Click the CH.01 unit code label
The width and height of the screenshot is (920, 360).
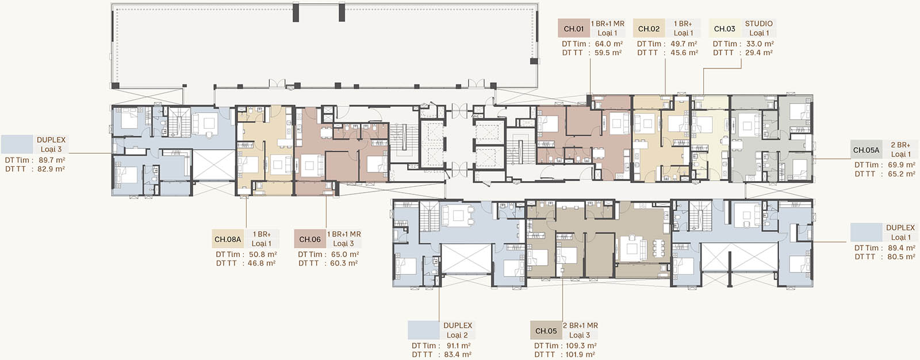click(574, 29)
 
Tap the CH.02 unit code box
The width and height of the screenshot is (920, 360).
click(649, 29)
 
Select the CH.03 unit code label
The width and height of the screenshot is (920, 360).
click(724, 29)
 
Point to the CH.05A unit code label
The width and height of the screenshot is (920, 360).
click(866, 150)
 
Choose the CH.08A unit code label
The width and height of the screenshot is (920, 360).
click(228, 239)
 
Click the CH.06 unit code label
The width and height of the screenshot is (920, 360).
click(310, 239)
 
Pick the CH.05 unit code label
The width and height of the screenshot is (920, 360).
click(546, 331)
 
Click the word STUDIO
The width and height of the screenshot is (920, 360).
click(758, 24)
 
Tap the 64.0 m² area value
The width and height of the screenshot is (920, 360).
click(609, 44)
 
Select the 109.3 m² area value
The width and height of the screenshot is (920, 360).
click(581, 346)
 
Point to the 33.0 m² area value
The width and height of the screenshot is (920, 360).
click(760, 44)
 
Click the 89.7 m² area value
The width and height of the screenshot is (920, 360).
click(52, 160)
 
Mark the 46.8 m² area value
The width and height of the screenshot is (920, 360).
click(261, 263)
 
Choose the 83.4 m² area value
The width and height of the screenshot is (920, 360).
click(458, 354)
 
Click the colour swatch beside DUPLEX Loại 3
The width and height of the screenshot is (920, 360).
click(17, 145)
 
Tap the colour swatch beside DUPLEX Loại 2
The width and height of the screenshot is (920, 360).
click(423, 331)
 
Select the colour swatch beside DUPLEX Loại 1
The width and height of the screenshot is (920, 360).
click(866, 232)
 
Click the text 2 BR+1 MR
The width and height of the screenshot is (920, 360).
click(580, 325)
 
